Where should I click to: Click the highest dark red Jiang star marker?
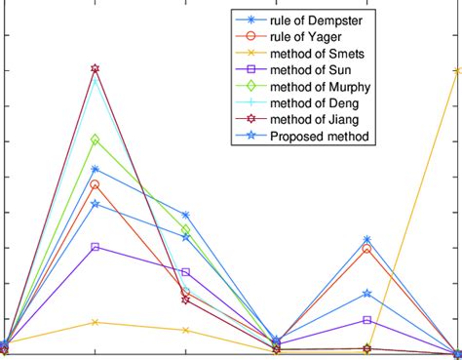(x=95, y=69)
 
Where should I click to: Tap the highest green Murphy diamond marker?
(x=95, y=140)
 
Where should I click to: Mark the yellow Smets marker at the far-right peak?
(x=457, y=70)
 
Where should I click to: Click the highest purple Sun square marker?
(x=95, y=247)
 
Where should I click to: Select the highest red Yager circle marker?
(x=95, y=184)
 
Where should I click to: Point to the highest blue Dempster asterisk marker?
(x=95, y=169)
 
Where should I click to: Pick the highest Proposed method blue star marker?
(x=95, y=204)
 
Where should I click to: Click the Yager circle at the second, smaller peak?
(x=366, y=249)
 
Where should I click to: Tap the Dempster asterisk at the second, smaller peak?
(x=366, y=239)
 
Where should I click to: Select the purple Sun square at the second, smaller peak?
(x=366, y=320)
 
